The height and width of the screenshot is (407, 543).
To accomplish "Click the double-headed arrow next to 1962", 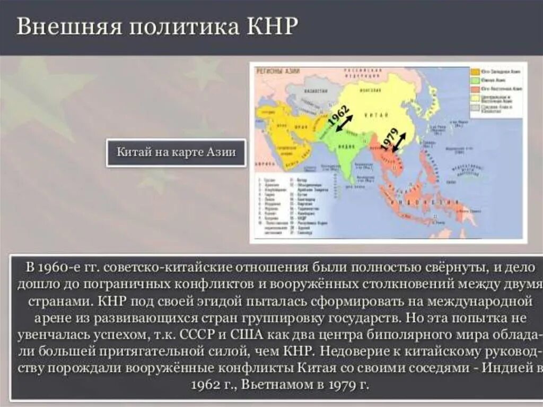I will click(x=343, y=124).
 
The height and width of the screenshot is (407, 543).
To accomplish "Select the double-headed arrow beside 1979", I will click(x=398, y=142).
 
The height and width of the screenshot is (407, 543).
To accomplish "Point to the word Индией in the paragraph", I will click(x=506, y=368).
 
